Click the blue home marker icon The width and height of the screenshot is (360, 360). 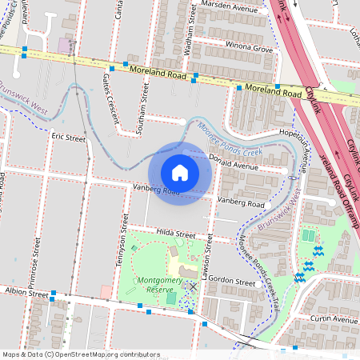180,173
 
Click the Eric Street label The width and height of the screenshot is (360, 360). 68,138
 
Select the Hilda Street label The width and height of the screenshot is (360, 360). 175,234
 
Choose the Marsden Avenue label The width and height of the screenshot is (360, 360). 227,5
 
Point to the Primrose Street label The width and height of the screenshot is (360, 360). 36,256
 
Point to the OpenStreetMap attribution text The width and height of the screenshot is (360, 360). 80,354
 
